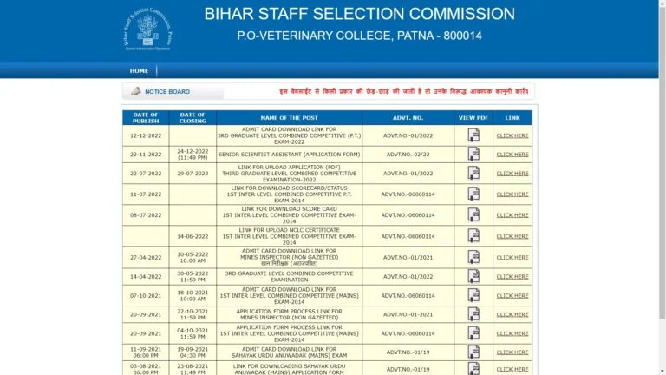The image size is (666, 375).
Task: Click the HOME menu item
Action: [x=139, y=71]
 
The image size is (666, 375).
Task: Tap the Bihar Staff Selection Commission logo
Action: [x=147, y=31]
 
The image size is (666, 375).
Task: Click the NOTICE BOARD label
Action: [x=167, y=92]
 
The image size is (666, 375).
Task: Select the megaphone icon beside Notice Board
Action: [x=135, y=91]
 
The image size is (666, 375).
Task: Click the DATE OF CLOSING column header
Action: [x=193, y=118]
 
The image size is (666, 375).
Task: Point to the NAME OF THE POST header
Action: [x=289, y=118]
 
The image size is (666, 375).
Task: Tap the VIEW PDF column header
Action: [x=473, y=118]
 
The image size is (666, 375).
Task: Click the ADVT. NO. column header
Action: [x=408, y=118]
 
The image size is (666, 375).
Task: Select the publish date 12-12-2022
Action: [x=145, y=135]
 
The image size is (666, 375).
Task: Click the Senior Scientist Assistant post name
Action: [x=289, y=155]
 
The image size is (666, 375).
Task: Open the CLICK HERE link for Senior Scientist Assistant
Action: [x=512, y=155]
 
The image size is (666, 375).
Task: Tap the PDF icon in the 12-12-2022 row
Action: [x=473, y=135]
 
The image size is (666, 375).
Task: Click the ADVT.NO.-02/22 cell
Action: [x=408, y=155]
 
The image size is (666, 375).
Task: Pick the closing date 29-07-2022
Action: [x=193, y=174]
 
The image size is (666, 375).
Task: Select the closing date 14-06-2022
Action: [x=193, y=236]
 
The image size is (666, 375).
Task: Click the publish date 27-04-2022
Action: [x=145, y=257]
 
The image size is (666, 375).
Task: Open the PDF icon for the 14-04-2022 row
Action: [x=473, y=277]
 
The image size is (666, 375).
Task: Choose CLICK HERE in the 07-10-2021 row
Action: [x=512, y=296]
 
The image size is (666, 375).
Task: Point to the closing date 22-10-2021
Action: [x=193, y=312]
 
